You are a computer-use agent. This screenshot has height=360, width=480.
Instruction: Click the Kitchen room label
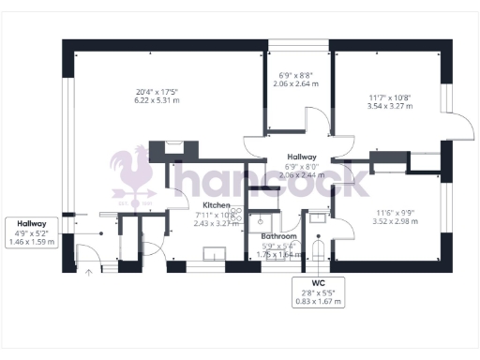[217, 204]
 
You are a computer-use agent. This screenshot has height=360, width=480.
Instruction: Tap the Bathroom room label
[278, 236]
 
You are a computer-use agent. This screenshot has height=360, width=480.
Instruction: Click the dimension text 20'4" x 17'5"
[156, 91]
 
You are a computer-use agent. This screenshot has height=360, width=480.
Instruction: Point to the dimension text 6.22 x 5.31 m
[156, 100]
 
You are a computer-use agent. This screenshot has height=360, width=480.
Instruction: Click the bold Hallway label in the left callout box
[32, 223]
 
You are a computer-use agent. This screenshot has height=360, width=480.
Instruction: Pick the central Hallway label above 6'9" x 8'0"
[301, 157]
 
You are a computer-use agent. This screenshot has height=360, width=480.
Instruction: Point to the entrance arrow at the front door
[90, 273]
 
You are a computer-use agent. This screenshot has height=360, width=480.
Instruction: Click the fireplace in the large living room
[173, 148]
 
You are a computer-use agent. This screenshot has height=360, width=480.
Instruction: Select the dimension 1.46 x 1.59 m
[32, 242]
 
